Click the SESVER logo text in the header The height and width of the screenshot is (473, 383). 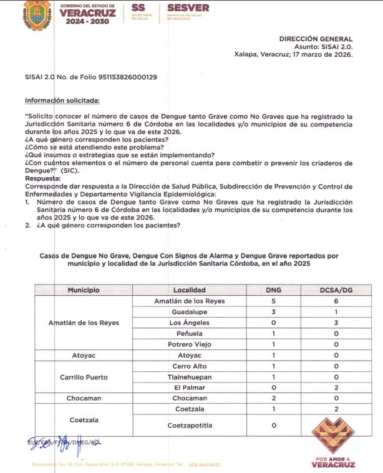pyautogui.click(x=188, y=8)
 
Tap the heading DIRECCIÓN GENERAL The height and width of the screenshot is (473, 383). pyautogui.click(x=316, y=39)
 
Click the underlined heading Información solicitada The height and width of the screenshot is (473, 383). pyautogui.click(x=62, y=100)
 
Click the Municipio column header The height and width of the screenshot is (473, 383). pyautogui.click(x=84, y=290)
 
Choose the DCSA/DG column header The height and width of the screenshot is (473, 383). pyautogui.click(x=336, y=290)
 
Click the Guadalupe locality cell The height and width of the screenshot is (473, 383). pyautogui.click(x=190, y=312)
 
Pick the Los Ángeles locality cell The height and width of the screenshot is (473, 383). pyautogui.click(x=190, y=323)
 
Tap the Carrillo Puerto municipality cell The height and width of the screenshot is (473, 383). pyautogui.click(x=84, y=377)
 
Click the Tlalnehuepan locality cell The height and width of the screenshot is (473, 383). pyautogui.click(x=190, y=377)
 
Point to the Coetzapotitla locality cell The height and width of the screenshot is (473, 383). pyautogui.click(x=190, y=426)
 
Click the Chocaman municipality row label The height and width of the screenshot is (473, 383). pyautogui.click(x=84, y=398)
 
